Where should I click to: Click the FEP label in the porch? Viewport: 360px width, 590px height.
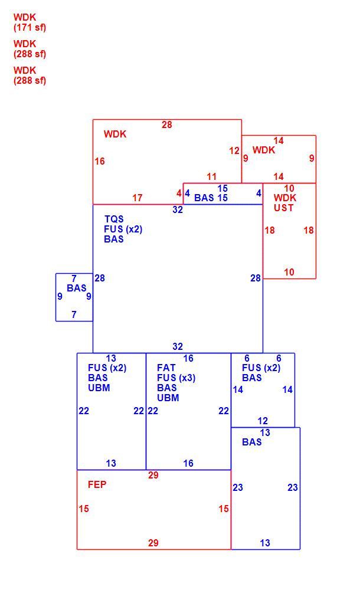point(97,484)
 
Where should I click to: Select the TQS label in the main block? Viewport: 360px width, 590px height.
point(114,219)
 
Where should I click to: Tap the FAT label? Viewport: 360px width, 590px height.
point(166,368)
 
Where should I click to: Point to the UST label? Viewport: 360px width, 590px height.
point(283,208)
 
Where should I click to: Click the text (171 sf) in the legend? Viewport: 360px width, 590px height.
point(30,28)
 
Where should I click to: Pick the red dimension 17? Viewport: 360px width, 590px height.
point(137,198)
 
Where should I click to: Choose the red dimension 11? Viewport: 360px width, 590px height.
point(211,176)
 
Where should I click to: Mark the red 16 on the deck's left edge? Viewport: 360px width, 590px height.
point(99,162)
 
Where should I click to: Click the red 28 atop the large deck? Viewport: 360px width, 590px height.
point(167,125)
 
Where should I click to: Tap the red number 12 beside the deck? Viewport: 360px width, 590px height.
point(234,151)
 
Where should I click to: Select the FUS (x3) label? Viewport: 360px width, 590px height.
point(176,378)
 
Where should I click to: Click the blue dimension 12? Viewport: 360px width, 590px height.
point(263,421)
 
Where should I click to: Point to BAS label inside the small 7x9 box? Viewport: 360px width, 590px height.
point(77,288)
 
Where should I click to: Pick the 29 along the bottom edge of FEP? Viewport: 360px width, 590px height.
point(153,543)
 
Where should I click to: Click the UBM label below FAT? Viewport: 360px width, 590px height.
point(168,398)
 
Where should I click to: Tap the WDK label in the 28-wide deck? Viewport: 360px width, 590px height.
point(115,134)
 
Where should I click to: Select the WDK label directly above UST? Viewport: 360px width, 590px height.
point(284,198)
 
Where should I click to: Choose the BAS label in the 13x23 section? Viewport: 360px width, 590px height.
point(251,442)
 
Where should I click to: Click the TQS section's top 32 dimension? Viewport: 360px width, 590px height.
point(178,209)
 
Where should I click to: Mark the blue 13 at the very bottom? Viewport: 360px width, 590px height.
point(265,543)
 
